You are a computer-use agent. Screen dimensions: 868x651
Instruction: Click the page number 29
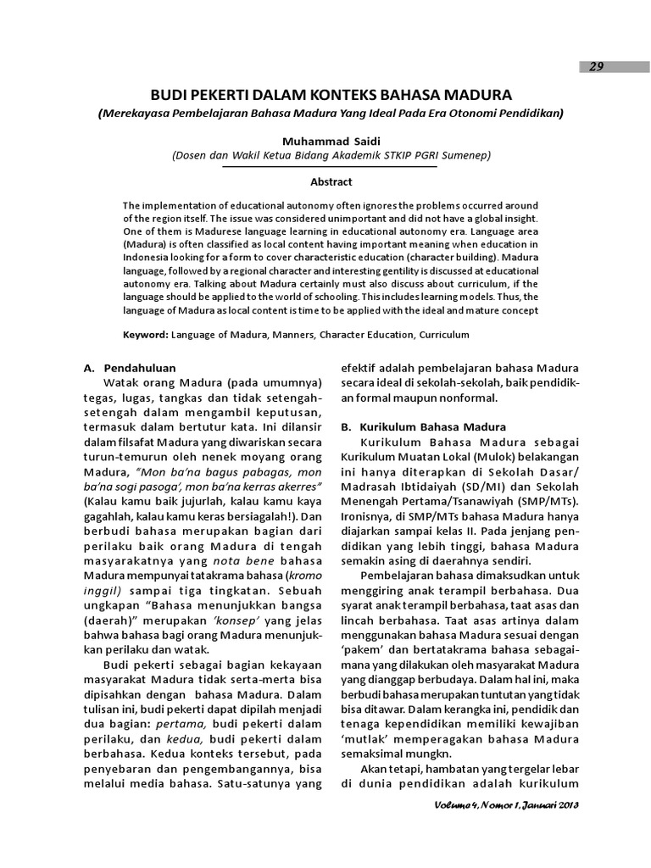pos(598,67)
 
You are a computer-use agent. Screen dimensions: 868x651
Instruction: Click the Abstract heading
pos(331,181)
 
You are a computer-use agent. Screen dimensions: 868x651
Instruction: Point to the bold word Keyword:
pos(146,335)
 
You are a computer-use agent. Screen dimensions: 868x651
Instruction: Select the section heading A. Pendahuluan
pos(129,369)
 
